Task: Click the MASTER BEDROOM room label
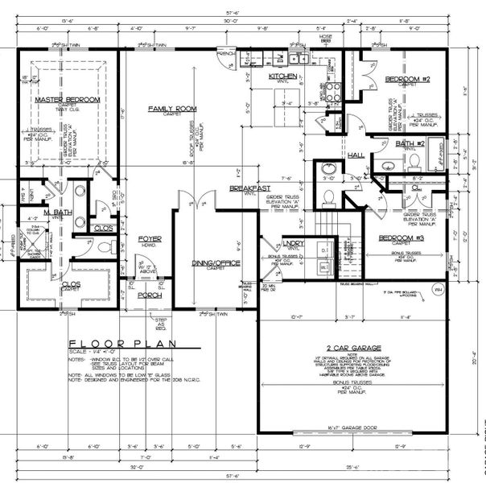coord(68,99)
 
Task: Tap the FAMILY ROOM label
coord(171,108)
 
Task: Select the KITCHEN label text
coord(282,76)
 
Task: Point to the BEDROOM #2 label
coord(406,79)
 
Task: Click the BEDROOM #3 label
coord(401,238)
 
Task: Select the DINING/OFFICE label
coord(216,263)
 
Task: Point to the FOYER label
coord(150,239)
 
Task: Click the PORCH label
coord(150,295)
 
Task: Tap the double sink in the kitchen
coord(300,57)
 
